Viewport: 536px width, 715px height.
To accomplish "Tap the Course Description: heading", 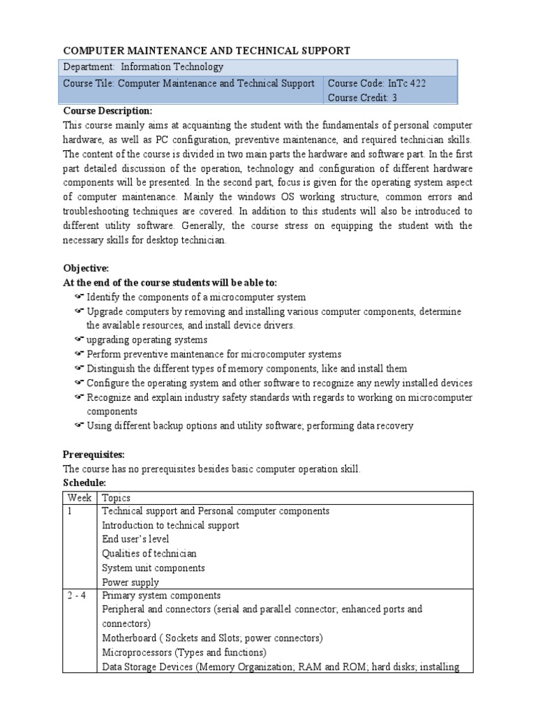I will (107, 111).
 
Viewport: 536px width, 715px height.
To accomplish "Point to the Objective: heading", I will (86, 268).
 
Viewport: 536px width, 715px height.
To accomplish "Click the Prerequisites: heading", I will (94, 455).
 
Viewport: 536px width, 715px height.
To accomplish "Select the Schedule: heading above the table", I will (84, 482).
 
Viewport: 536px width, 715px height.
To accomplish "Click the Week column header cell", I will (80, 497).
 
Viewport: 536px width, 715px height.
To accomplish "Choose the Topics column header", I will (116, 497).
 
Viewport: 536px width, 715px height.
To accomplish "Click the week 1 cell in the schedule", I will (70, 511).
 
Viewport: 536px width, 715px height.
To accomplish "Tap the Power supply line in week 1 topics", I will (131, 582).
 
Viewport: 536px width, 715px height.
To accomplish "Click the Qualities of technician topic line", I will (149, 554).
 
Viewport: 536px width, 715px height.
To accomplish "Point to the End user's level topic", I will (135, 539).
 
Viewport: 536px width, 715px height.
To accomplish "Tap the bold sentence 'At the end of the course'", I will (170, 282).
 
